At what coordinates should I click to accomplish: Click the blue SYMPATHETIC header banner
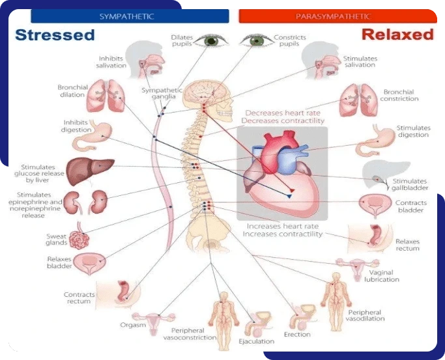point(130,16)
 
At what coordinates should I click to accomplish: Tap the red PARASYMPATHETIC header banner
point(337,16)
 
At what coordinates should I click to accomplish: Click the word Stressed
point(55,35)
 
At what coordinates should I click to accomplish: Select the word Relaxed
point(397,35)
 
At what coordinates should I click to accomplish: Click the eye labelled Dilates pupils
point(211,41)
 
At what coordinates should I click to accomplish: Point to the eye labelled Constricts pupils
point(255,41)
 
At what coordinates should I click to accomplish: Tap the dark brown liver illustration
point(89,171)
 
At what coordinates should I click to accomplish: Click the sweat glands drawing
point(79,238)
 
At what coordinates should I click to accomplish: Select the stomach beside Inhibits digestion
point(91,136)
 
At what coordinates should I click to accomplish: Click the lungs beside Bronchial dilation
point(106,96)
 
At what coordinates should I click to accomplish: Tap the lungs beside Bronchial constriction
point(359,100)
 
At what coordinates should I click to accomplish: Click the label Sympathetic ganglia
point(162,93)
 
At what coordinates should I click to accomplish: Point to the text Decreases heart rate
point(283,113)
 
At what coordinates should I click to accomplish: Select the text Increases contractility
point(283,234)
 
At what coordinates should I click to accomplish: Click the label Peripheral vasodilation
point(365,315)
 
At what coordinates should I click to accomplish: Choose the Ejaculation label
point(257,341)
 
